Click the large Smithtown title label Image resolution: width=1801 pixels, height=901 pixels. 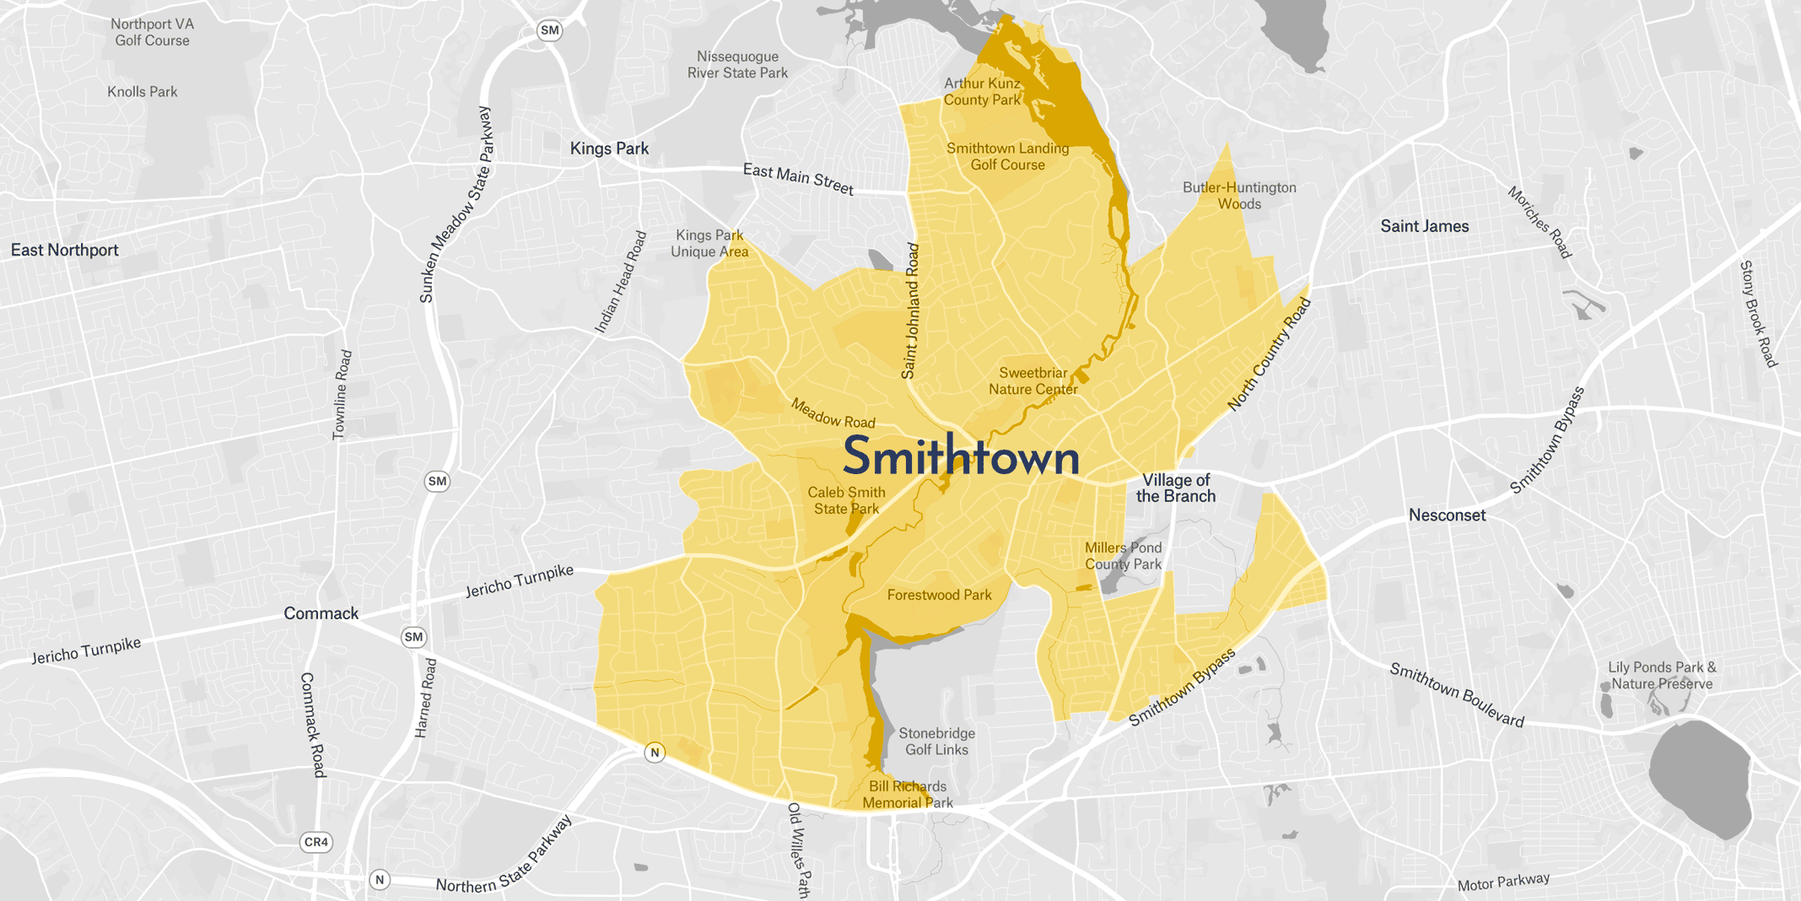coord(961,456)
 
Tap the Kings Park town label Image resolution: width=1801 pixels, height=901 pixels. coord(609,148)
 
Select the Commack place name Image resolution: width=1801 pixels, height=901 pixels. coord(321,613)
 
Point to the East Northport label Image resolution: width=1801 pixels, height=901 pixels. coord(65,250)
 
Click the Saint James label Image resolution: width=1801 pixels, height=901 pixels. coord(1424,226)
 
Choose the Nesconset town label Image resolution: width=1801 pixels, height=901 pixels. coord(1447,515)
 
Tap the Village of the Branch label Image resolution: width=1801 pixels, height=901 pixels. coord(1175,488)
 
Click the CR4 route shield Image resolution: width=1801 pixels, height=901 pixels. coord(316,842)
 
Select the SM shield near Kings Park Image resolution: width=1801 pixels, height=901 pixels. coord(549,30)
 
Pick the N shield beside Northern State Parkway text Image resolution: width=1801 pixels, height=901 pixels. coord(380,880)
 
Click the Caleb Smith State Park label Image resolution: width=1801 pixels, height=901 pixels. coord(846,500)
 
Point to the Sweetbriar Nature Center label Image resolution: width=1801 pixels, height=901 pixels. coord(1033,380)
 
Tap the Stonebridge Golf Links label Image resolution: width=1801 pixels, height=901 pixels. coord(936,742)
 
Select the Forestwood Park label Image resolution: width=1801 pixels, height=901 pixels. coord(939,595)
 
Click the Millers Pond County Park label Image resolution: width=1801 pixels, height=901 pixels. coord(1123,556)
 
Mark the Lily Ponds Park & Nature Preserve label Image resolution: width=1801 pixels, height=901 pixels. coord(1661,675)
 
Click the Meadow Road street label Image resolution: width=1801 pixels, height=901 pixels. coord(833,413)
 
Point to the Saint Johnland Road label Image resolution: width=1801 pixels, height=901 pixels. coord(910,311)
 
